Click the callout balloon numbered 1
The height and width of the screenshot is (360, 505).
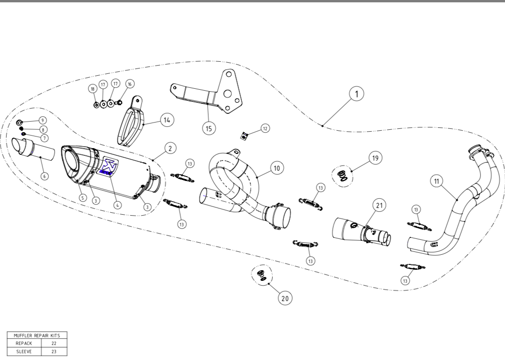[x=357, y=94]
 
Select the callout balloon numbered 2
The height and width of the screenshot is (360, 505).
[x=169, y=148]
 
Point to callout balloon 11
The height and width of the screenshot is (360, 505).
[x=436, y=181]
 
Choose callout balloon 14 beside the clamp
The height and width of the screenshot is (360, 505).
[x=167, y=120]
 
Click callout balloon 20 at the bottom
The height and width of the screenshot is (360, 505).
[x=285, y=298]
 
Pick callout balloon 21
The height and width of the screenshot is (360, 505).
[x=379, y=206]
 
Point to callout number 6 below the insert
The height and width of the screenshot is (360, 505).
[x=44, y=176]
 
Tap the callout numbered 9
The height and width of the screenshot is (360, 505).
[x=43, y=120]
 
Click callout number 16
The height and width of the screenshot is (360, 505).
[x=129, y=83]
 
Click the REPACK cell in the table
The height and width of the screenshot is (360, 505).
[x=24, y=343]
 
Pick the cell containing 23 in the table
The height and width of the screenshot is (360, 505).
[x=54, y=352]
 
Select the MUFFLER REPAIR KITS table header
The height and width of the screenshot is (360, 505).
[x=37, y=334]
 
